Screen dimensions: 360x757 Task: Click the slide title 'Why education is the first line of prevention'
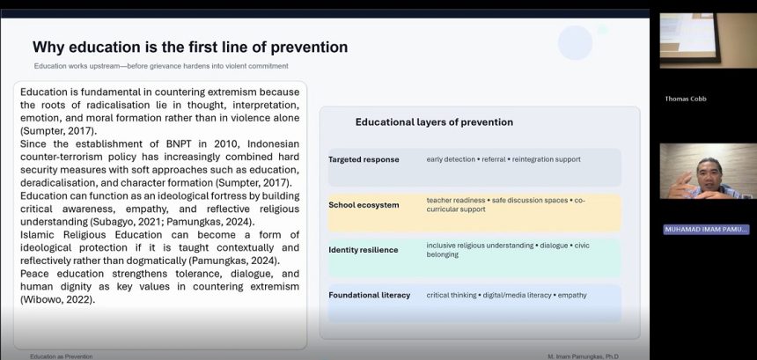pos(190,48)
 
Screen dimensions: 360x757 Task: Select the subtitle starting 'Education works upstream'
pos(161,66)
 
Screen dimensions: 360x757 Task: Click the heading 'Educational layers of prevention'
pos(434,122)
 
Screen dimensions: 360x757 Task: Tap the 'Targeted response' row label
pos(364,159)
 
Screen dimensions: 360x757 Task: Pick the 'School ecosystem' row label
pos(364,205)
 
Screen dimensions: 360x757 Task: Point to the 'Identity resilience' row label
pos(364,250)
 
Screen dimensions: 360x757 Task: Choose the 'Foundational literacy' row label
pos(370,295)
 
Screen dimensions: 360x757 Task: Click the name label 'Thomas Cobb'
pos(687,99)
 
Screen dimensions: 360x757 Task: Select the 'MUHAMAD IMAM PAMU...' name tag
pos(706,229)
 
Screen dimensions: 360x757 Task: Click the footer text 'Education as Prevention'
pos(62,356)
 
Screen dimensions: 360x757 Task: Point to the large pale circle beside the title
pos(575,42)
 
